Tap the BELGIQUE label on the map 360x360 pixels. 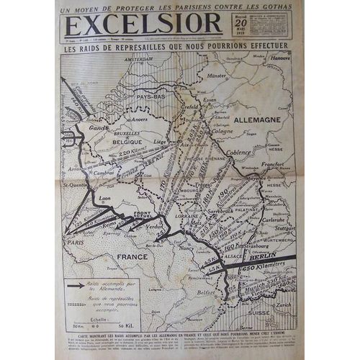point(125,143)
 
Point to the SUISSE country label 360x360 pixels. point(260,315)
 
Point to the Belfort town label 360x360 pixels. point(207,293)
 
